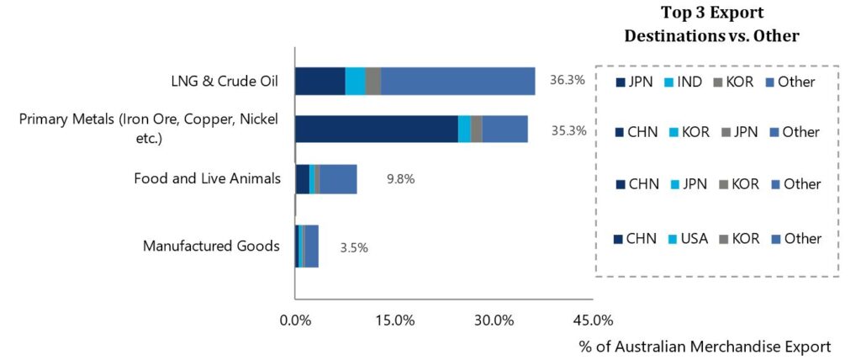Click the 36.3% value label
[568, 82]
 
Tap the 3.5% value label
[354, 247]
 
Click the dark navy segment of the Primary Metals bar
[376, 130]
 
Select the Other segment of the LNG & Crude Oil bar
[457, 82]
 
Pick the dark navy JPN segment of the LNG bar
[320, 82]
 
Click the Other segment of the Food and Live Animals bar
[338, 179]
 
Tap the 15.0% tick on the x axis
[394, 320]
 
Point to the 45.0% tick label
[593, 320]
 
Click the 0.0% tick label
[295, 320]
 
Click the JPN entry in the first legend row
[637, 82]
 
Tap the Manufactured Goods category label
[211, 246]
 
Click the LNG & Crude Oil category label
[225, 82]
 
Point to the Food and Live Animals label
[207, 178]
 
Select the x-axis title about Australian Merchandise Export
[705, 346]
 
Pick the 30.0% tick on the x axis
[494, 320]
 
